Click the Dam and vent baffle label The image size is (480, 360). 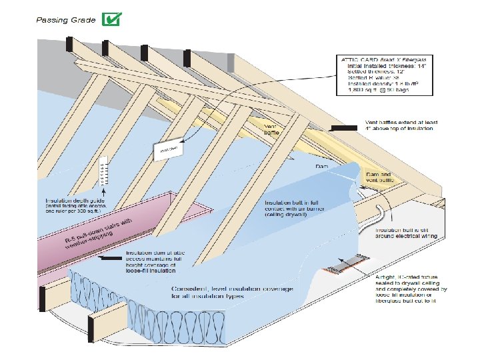(381, 177)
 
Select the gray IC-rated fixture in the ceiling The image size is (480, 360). (349, 265)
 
